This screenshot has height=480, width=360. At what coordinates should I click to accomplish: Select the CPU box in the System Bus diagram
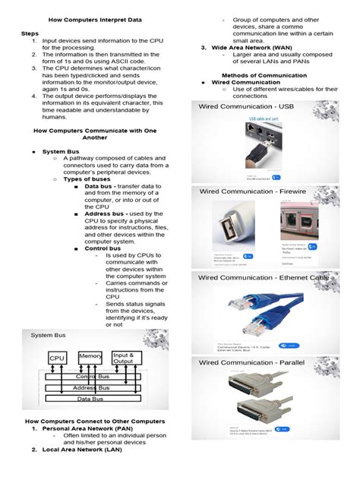58,357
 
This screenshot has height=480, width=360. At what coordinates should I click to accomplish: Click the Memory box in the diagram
90,356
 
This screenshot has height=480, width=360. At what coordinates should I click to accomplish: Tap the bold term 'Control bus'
106,248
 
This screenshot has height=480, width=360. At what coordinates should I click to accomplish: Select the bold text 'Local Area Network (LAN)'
82,450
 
